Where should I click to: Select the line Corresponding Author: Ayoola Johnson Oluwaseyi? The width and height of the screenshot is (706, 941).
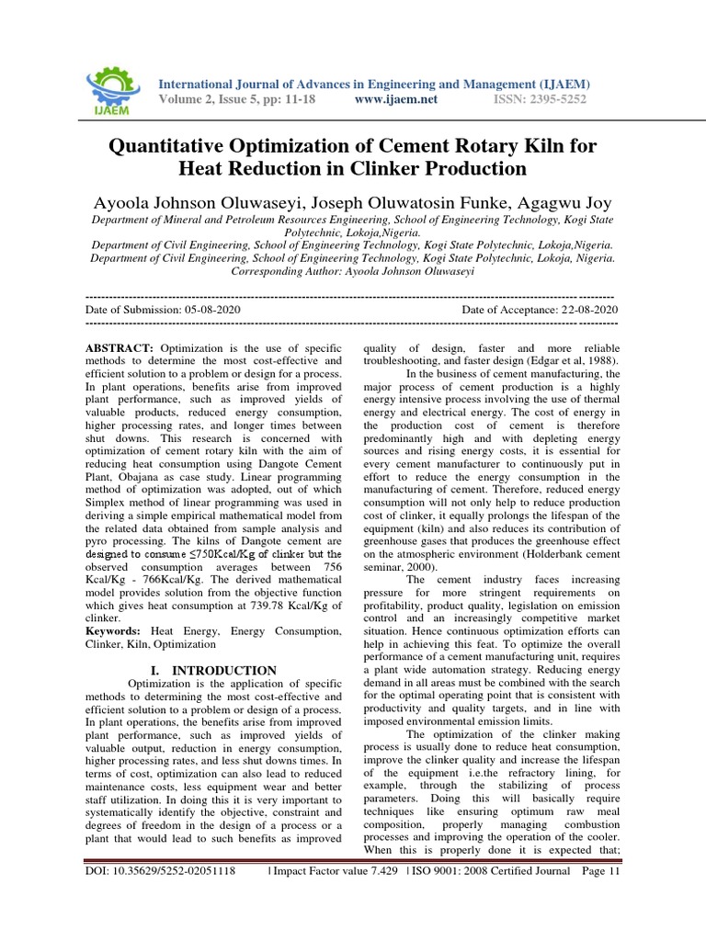(352, 271)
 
